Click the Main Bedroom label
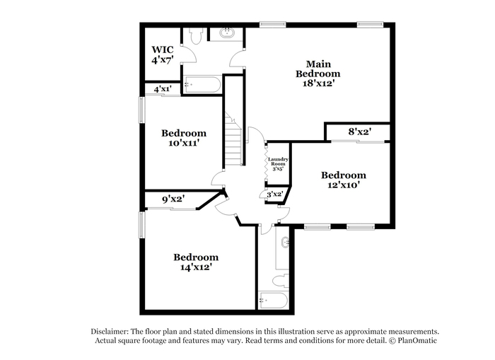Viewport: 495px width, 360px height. tap(318, 69)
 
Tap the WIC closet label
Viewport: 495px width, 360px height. tap(162, 50)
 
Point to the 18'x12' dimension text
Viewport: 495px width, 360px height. tap(318, 83)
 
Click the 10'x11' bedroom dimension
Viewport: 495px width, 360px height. tap(184, 143)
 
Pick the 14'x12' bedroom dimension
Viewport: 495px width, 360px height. tap(196, 267)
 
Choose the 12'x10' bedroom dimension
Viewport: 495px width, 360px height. tap(344, 185)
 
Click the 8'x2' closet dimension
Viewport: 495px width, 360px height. tap(359, 132)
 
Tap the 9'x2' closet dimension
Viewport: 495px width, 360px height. tap(173, 199)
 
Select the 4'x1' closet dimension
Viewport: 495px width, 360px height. tap(163, 89)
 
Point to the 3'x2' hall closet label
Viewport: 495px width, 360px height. tap(274, 194)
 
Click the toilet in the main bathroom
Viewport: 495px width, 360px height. tap(196, 35)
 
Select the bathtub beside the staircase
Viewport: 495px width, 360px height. tap(202, 85)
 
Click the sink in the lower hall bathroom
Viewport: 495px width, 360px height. tap(286, 242)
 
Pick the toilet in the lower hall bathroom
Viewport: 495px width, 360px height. tap(281, 280)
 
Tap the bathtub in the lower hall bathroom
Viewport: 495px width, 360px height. tap(273, 301)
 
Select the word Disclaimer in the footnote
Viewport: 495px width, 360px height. tap(110, 332)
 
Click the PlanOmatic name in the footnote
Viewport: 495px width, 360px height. tap(417, 340)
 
